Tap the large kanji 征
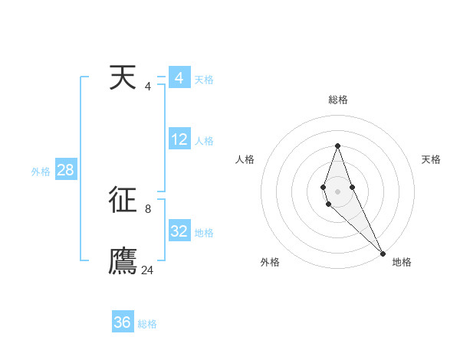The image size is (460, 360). point(123,201)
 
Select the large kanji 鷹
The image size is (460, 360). point(123,261)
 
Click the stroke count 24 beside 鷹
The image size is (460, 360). point(147,270)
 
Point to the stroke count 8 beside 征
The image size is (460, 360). point(148,208)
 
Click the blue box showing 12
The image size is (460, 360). point(179,139)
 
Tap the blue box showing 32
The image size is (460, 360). point(179,231)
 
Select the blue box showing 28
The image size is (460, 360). point(65,170)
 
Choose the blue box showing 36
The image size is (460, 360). point(123,322)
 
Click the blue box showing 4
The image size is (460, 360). point(179,78)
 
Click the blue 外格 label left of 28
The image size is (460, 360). point(41,172)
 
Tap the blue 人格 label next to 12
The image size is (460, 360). point(204,141)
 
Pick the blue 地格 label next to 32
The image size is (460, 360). point(204,233)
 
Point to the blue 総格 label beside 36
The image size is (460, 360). point(147,324)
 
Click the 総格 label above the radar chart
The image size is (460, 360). point(338,100)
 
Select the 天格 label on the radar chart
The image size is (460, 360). point(431,159)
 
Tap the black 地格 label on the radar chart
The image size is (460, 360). point(402,262)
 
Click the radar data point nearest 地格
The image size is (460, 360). point(382,253)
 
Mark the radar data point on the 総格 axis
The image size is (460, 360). point(337,145)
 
